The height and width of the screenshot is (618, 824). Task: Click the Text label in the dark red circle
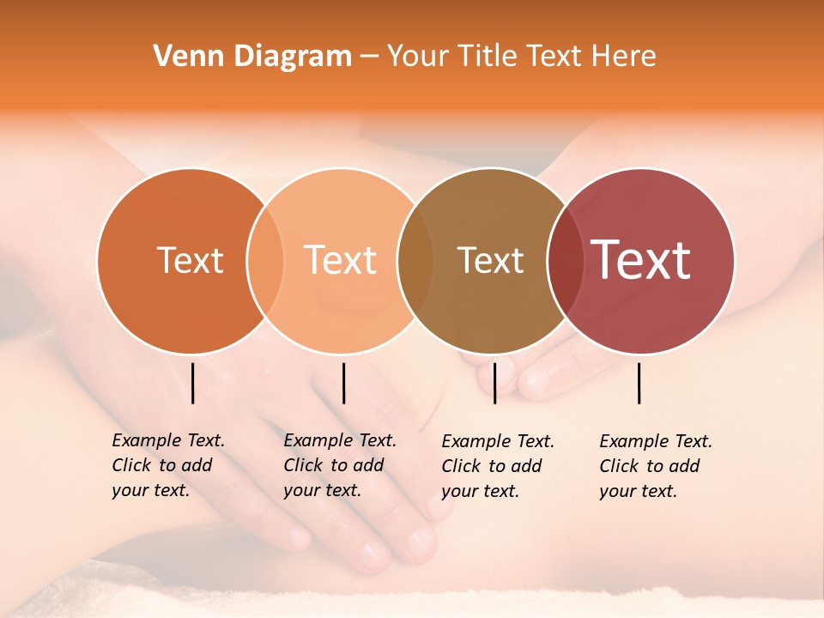[x=641, y=259]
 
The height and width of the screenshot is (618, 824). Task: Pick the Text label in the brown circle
[x=490, y=260]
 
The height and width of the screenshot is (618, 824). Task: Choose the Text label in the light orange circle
[x=340, y=260]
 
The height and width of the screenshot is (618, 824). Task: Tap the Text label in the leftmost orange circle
[x=190, y=260]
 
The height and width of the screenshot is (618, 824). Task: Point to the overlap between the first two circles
[x=265, y=260]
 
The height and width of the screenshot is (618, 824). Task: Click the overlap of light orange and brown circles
[x=415, y=260]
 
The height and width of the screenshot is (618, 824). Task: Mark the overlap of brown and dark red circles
[x=565, y=260]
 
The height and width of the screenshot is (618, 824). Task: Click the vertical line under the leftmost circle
[x=193, y=383]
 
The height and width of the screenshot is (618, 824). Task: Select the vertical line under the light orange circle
[x=343, y=383]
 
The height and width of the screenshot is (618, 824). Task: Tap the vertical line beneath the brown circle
[x=494, y=383]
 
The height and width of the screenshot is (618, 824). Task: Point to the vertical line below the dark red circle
[x=639, y=383]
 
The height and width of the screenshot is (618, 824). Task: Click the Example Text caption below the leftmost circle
[x=168, y=465]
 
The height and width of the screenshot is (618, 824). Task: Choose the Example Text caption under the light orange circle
[x=340, y=465]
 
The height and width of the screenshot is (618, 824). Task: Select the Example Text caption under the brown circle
[x=498, y=466]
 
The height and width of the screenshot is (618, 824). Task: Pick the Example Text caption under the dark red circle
[x=656, y=466]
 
